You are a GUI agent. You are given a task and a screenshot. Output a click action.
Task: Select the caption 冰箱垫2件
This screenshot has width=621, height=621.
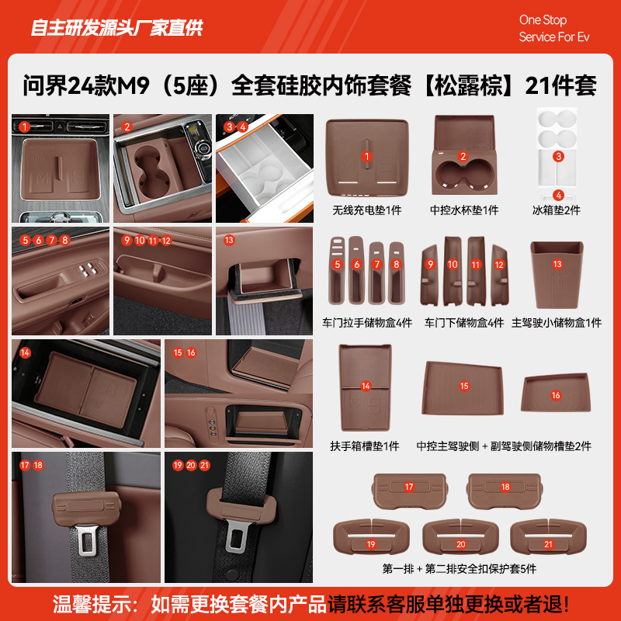coord(557,210)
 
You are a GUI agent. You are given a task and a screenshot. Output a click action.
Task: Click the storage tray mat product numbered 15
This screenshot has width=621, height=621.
coord(464,386)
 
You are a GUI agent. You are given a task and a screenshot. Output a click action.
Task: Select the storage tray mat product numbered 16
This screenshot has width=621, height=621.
coord(556,395)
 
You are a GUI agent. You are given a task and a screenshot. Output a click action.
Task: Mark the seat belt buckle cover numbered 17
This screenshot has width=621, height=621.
coord(409,487)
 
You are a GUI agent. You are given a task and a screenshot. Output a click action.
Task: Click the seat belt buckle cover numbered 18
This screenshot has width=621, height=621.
coord(505,487)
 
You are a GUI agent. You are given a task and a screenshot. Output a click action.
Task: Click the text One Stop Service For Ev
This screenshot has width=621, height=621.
coord(554,29)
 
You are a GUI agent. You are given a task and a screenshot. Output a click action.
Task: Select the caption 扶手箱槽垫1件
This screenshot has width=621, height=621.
coord(365,446)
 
